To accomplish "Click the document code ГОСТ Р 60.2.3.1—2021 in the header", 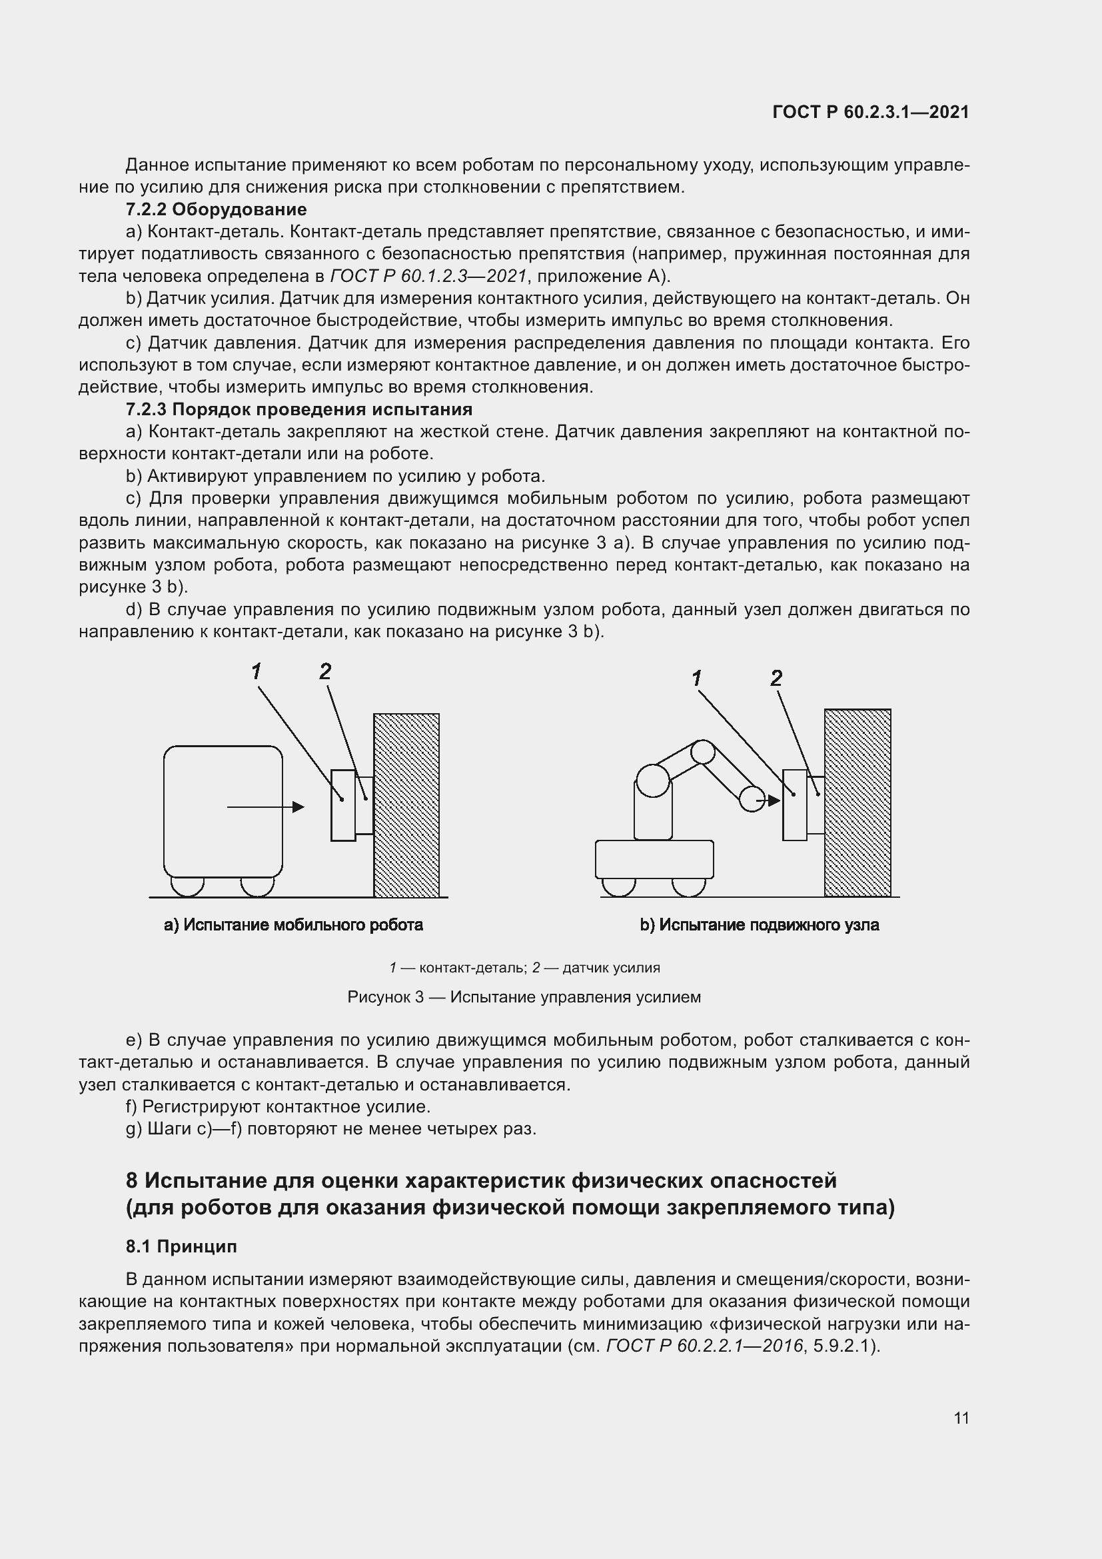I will pos(871,113).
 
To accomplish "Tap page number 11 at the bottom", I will pos(961,1418).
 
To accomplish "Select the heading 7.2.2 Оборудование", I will pos(216,209).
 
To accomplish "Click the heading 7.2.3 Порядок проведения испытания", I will pos(298,409).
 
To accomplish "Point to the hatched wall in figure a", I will pos(406,804).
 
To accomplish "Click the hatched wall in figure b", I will pos(857,802).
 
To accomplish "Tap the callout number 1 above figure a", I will pos(256,672).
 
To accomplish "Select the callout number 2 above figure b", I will pos(776,678).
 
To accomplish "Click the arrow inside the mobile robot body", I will pos(265,806).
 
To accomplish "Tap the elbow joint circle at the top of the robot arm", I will pos(702,752).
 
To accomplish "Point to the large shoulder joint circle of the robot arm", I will pos(654,780).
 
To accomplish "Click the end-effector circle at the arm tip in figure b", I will pos(751,798).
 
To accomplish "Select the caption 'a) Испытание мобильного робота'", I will pos(293,925).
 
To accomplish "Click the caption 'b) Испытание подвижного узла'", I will pos(760,925).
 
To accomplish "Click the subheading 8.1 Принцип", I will pos(181,1246).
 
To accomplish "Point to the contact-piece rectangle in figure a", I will pos(342,805).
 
